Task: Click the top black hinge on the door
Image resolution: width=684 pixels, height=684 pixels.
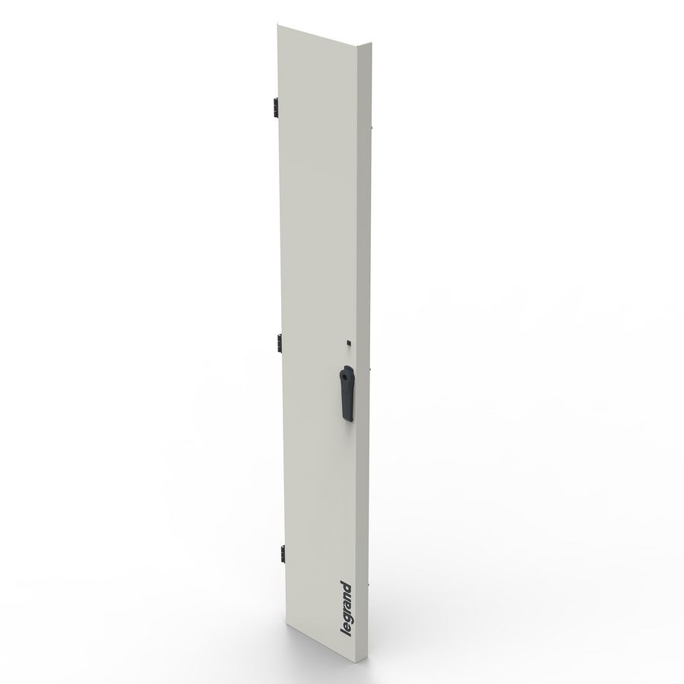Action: click(270, 108)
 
